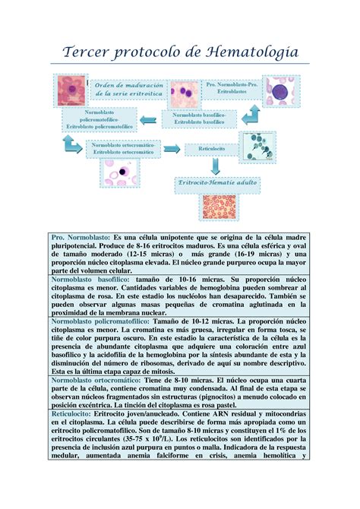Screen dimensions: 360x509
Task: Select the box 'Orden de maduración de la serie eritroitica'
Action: coord(129,92)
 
